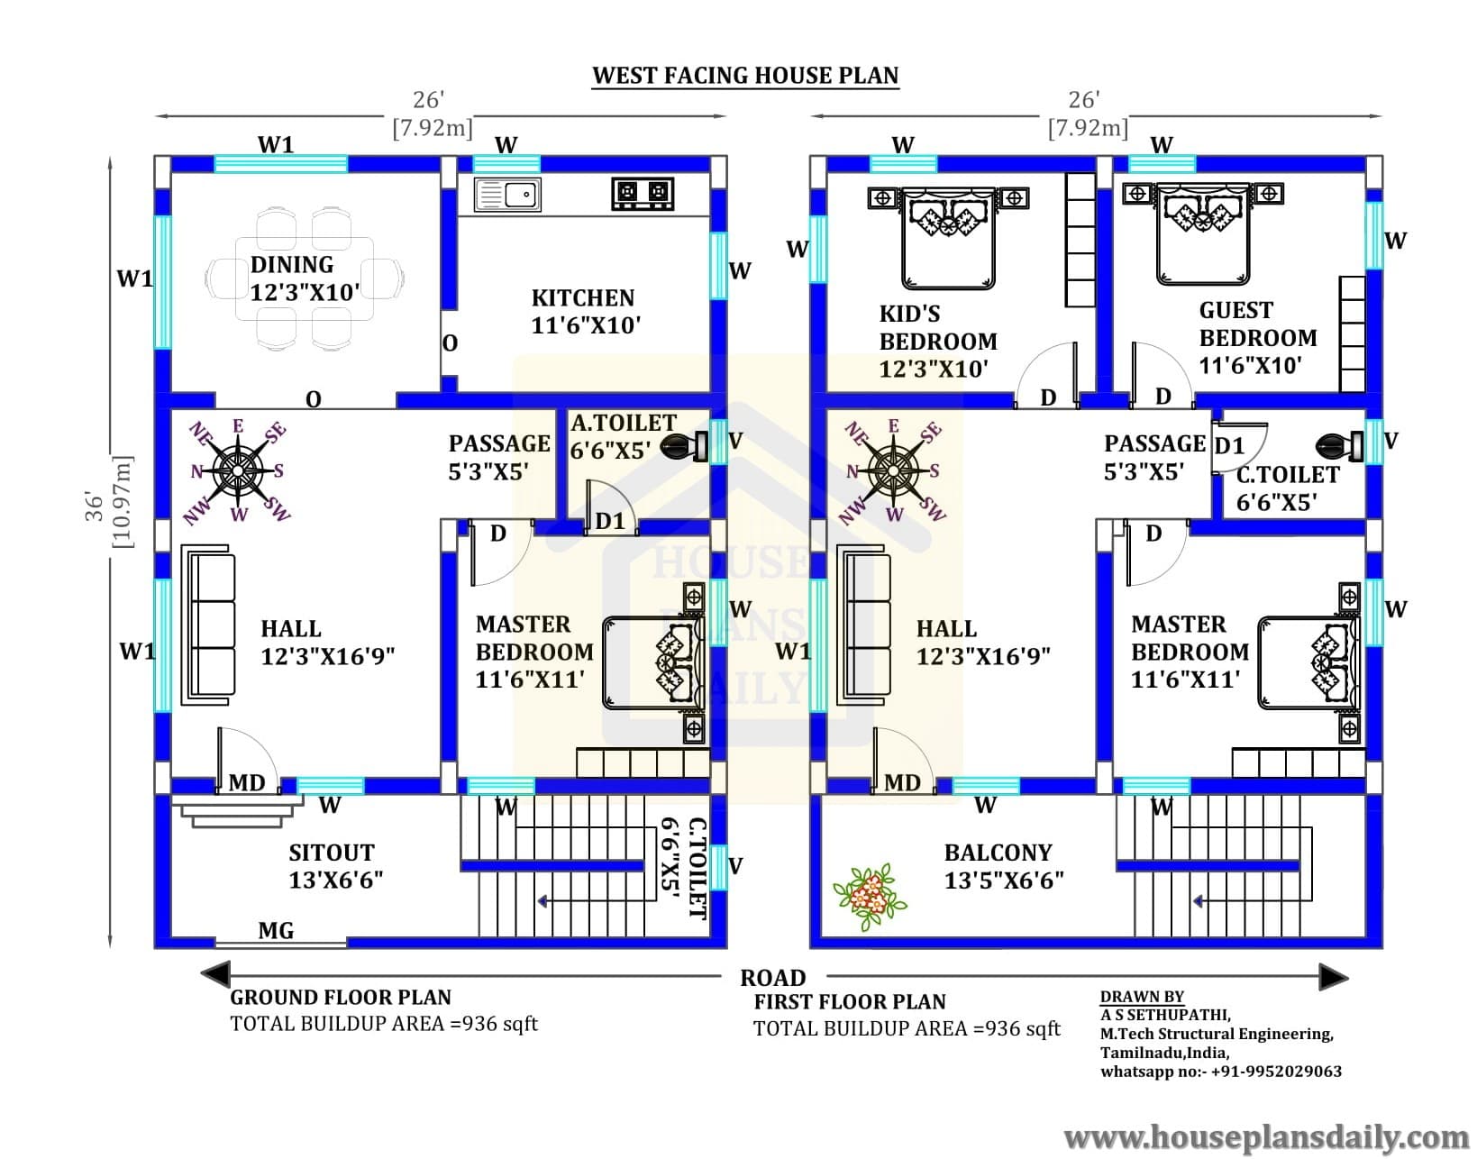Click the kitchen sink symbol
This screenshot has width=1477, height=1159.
coord(507,195)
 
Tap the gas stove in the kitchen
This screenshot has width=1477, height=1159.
coord(643,193)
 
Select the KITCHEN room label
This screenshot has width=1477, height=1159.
coord(583,297)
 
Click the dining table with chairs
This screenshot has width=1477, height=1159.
coord(305,278)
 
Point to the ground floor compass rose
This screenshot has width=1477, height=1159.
coord(237,470)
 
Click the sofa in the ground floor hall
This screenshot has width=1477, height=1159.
coord(208,625)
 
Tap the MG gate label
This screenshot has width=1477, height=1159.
coord(276,930)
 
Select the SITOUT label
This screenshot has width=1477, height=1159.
coord(332,853)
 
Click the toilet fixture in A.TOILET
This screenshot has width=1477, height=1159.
coord(684,447)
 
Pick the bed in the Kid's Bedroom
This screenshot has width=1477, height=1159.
coord(948,238)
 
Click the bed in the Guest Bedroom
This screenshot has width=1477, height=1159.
coord(1203,233)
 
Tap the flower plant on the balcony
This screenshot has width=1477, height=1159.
coord(870,895)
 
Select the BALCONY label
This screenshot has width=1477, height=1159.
coord(998,853)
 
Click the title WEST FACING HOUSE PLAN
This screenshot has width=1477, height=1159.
coord(745,76)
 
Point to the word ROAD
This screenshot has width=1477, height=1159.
coord(773,978)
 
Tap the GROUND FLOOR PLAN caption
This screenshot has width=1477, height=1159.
coord(341,997)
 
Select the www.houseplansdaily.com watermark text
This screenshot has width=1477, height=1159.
coord(1266,1136)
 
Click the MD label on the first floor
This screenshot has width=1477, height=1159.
coord(902,782)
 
